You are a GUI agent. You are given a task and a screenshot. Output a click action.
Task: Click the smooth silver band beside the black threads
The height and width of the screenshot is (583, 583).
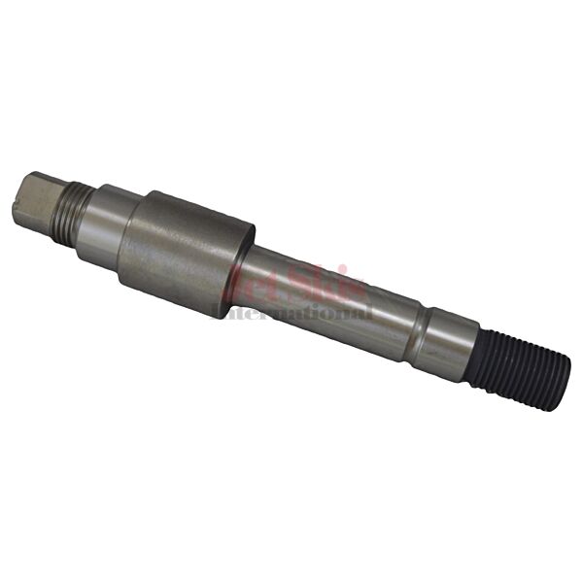pos(453,344)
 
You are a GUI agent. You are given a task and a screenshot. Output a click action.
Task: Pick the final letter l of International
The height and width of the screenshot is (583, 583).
pos(368,313)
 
